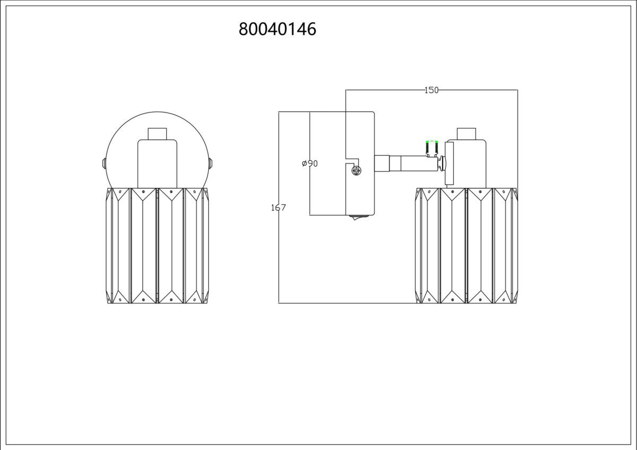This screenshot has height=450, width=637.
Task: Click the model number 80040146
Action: click(x=277, y=29)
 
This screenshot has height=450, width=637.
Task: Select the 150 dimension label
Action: click(x=432, y=90)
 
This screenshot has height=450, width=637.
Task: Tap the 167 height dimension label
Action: click(x=278, y=207)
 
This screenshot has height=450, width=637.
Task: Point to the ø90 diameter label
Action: click(x=309, y=163)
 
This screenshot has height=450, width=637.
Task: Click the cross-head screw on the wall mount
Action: click(x=356, y=170)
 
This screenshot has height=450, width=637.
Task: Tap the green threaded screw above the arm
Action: click(x=432, y=149)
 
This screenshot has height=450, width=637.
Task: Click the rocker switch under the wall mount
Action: click(x=360, y=218)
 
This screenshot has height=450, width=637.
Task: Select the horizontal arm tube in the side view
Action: click(x=413, y=163)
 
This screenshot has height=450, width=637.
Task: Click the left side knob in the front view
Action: click(x=104, y=163)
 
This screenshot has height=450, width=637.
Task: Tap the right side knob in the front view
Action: click(x=210, y=163)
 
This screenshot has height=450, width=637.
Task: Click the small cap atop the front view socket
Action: click(x=157, y=134)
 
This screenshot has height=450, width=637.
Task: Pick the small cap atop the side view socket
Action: click(x=467, y=134)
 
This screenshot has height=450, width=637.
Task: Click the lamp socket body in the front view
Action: click(x=157, y=164)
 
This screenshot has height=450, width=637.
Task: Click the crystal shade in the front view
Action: click(x=157, y=246)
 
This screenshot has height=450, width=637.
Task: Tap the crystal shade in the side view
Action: click(x=467, y=246)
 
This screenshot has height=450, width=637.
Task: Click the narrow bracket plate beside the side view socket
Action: click(x=449, y=163)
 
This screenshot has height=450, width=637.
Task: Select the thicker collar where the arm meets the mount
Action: click(x=382, y=163)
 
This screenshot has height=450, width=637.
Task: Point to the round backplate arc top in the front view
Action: click(x=157, y=112)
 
